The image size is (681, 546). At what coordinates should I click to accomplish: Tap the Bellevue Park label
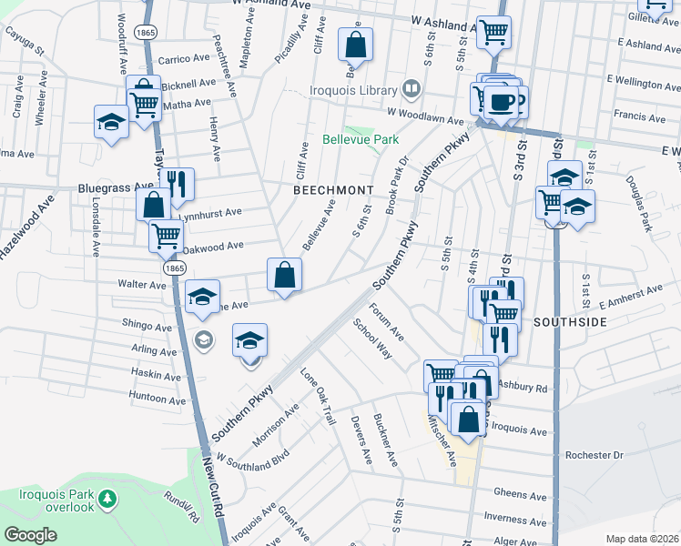pyautogui.click(x=361, y=140)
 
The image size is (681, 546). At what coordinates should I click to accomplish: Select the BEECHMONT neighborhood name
pyautogui.click(x=333, y=189)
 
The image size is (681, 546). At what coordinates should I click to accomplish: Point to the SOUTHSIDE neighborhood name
pyautogui.click(x=570, y=321)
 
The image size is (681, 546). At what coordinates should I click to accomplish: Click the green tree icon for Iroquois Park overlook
pyautogui.click(x=108, y=499)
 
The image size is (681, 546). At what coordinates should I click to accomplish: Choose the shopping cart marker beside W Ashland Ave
pyautogui.click(x=493, y=32)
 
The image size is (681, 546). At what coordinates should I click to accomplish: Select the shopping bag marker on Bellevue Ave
pyautogui.click(x=285, y=273)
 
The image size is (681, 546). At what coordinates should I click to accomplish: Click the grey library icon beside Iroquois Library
pyautogui.click(x=412, y=89)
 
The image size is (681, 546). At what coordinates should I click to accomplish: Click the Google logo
pyautogui.click(x=31, y=535)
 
